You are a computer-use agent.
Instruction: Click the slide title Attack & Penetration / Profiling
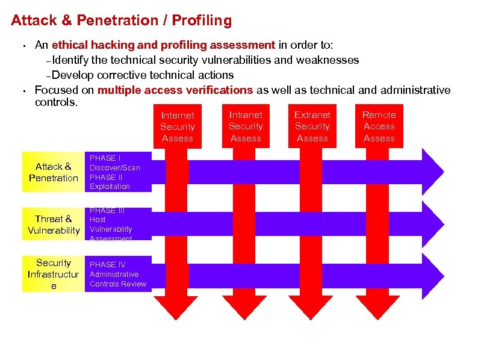click(x=121, y=20)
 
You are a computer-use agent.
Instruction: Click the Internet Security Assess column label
click(x=178, y=126)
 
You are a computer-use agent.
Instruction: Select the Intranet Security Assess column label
click(x=246, y=126)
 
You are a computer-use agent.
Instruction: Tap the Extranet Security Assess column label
click(x=312, y=126)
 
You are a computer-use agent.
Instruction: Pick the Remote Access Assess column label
click(x=379, y=126)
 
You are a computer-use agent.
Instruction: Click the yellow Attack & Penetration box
click(x=54, y=172)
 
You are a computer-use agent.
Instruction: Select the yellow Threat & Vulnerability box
click(x=54, y=225)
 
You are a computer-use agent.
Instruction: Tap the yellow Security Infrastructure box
click(x=54, y=274)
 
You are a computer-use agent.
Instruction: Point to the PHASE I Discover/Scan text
click(x=114, y=163)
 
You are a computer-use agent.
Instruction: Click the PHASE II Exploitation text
click(x=110, y=182)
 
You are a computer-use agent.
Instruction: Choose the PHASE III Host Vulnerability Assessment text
click(x=111, y=225)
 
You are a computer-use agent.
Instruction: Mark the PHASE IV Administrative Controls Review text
click(x=117, y=275)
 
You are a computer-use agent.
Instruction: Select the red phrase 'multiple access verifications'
click(x=175, y=90)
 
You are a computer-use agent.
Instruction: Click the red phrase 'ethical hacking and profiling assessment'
click(x=163, y=45)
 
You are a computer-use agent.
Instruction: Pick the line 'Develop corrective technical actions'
click(x=143, y=75)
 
